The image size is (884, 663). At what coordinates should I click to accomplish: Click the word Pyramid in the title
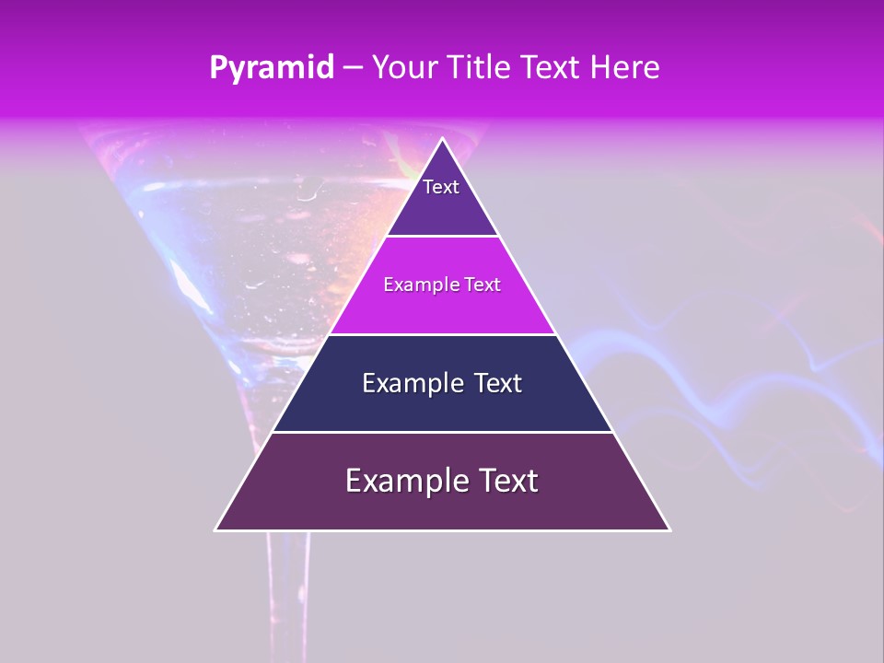[271, 68]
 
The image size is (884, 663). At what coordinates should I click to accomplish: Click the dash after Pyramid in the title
[352, 68]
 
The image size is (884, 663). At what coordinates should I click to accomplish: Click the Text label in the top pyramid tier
[441, 187]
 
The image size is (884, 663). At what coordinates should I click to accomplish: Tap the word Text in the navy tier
[497, 383]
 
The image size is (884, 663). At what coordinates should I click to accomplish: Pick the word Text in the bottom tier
[507, 481]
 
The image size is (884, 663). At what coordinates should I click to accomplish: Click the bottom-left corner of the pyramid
[216, 529]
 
